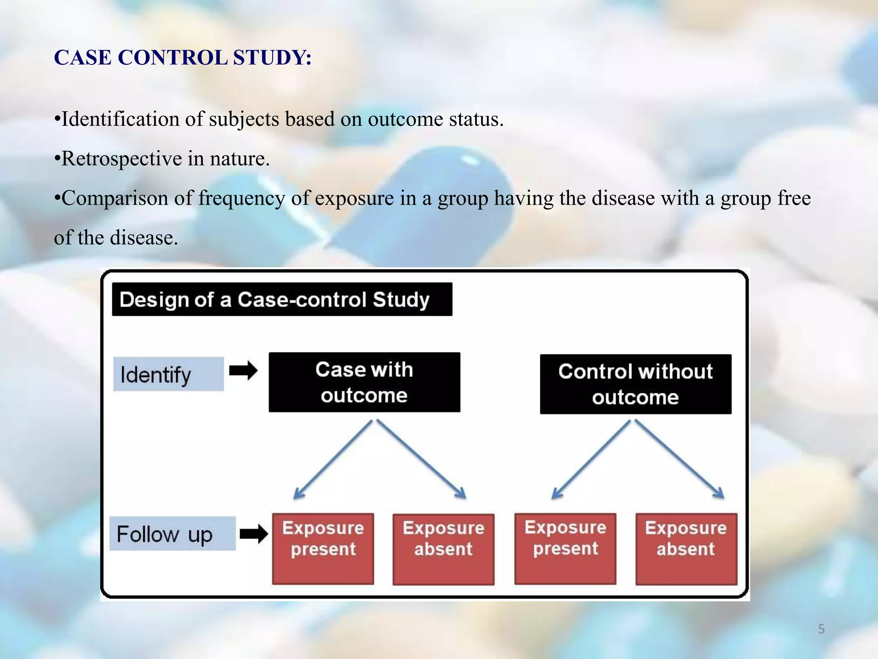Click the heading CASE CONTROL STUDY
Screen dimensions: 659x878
(183, 57)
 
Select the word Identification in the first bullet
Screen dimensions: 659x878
(120, 119)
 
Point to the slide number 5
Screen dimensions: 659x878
(821, 629)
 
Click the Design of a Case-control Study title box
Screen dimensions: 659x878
(282, 299)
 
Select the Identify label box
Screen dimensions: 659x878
(168, 374)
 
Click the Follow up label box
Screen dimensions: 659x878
(172, 534)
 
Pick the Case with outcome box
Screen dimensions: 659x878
(364, 382)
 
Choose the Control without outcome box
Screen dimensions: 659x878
(635, 384)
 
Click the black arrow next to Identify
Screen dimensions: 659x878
(243, 371)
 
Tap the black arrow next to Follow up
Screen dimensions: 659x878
(253, 534)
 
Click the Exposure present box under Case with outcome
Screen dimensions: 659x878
(323, 548)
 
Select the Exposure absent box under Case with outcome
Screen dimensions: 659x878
(443, 549)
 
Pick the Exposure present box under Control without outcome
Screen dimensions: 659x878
(565, 548)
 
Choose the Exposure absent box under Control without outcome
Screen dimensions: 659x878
(686, 549)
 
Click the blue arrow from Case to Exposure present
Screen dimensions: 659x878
(333, 459)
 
